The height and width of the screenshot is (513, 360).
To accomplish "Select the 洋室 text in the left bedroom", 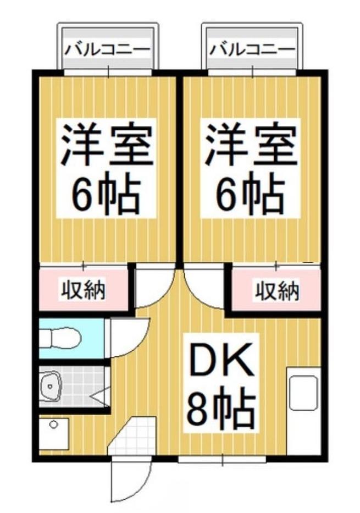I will (107, 145).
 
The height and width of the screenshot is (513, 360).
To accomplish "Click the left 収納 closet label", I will (83, 290).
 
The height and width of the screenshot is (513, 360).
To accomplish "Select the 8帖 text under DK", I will (221, 410).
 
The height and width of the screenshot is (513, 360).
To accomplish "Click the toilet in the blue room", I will (60, 338).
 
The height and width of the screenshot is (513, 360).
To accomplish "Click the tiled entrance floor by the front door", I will (132, 437).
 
